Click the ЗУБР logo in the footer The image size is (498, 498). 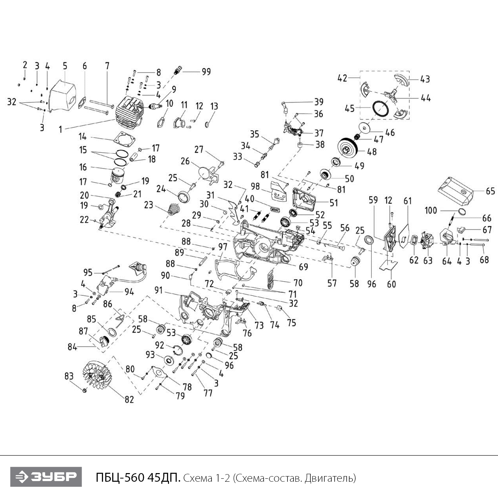(x=46, y=477)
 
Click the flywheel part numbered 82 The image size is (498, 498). (x=97, y=375)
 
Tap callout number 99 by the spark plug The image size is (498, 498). (x=206, y=72)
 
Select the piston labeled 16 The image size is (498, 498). (x=118, y=176)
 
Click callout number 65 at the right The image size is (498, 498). (x=490, y=191)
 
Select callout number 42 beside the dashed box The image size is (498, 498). (x=342, y=78)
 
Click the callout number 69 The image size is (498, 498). (x=303, y=267)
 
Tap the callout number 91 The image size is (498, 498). (x=159, y=290)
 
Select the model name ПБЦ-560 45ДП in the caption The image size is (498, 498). (x=138, y=478)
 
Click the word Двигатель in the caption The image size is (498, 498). (x=330, y=478)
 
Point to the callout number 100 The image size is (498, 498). (x=431, y=210)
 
